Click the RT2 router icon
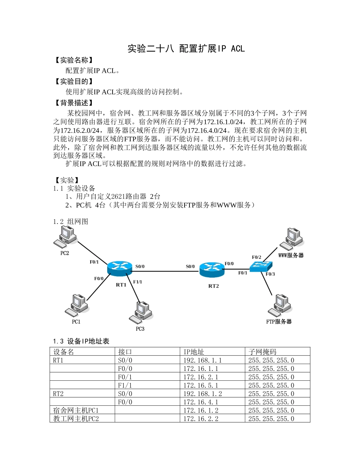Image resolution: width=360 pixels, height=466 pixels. [x=212, y=269]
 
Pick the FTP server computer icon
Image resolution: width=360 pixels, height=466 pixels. [x=280, y=305]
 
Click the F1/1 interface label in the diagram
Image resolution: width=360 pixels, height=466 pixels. [x=138, y=282]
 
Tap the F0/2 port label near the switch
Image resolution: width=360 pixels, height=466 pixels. [x=257, y=257]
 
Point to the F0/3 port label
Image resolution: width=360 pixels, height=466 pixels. [x=270, y=274]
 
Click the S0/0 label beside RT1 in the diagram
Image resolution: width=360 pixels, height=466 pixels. [x=140, y=266]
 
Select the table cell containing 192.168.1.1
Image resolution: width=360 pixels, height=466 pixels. [x=202, y=360]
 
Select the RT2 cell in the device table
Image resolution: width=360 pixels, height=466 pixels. [x=58, y=394]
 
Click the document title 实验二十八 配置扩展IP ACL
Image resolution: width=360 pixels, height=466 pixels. [x=186, y=48]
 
